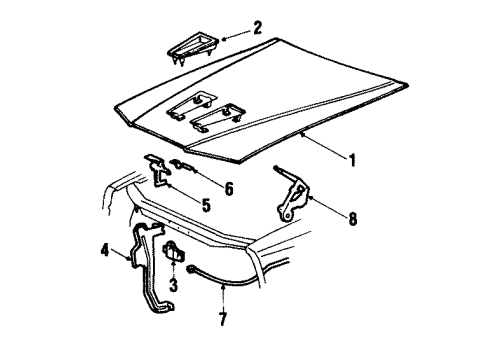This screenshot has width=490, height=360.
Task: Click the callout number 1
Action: (352, 160)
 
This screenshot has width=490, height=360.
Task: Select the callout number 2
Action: (258, 28)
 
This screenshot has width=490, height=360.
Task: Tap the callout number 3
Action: (173, 285)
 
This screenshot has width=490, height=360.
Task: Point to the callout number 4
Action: (105, 250)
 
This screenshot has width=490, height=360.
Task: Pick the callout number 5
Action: (206, 205)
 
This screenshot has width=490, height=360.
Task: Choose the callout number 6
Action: (229, 189)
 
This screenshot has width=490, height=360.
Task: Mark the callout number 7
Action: (223, 319)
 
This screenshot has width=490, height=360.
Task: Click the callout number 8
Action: (353, 219)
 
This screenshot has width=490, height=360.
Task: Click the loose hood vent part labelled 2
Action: (193, 48)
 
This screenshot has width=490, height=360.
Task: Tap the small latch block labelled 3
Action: (173, 252)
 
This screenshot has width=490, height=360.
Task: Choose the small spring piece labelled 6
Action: (183, 166)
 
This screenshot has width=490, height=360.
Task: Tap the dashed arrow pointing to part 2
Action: (236, 35)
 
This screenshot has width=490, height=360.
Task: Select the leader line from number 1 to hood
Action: (323, 145)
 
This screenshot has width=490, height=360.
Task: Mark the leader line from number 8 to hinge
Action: (328, 206)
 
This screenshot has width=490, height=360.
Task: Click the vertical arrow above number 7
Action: (223, 297)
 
